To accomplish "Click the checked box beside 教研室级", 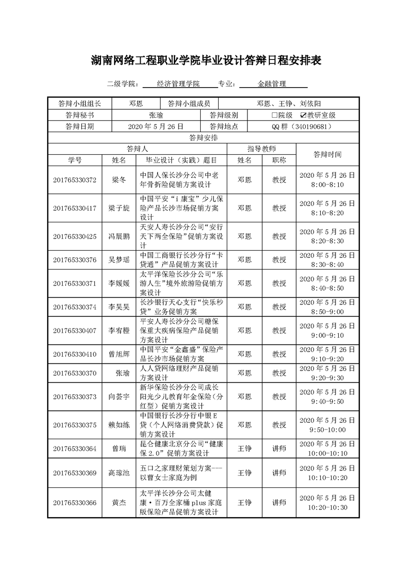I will (x=303, y=115).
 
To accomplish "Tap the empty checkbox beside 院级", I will (x=275, y=115).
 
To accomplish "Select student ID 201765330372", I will (x=74, y=180).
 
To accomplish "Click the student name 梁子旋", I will (x=119, y=208).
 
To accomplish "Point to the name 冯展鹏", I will (x=119, y=236).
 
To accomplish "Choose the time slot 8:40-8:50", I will (x=327, y=289).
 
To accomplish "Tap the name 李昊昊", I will (x=119, y=307).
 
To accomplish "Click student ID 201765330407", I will (x=74, y=331).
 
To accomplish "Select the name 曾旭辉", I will (x=119, y=354).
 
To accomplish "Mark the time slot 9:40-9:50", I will (x=327, y=401).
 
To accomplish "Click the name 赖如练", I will (x=119, y=425).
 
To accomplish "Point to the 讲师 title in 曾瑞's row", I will (x=279, y=448).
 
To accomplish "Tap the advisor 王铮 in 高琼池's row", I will (x=245, y=473).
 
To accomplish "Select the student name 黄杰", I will (x=119, y=503).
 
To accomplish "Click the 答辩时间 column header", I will (x=327, y=154).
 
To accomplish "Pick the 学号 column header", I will (x=74, y=160).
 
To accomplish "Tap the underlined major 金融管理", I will (x=272, y=84).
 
